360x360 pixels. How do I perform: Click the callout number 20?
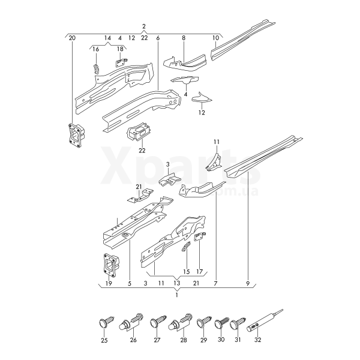point(72,38)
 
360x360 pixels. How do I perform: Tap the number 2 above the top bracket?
point(144,26)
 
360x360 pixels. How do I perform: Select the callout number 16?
point(96,49)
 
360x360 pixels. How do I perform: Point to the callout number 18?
point(120,49)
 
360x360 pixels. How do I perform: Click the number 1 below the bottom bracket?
point(176,295)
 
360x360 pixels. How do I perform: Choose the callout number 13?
point(177,283)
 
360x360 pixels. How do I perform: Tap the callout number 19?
point(109,284)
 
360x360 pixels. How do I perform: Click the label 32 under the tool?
point(258,340)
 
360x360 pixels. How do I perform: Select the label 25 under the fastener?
point(104,340)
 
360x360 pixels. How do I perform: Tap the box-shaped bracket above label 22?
point(138,131)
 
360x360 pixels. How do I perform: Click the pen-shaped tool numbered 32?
point(265,320)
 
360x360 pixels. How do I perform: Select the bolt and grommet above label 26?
point(131,322)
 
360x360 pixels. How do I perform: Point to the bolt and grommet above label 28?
point(180,322)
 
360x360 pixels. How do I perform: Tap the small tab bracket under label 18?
point(121,62)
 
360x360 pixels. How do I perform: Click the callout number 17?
point(200,272)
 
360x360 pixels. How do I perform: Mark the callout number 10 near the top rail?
point(215,38)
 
